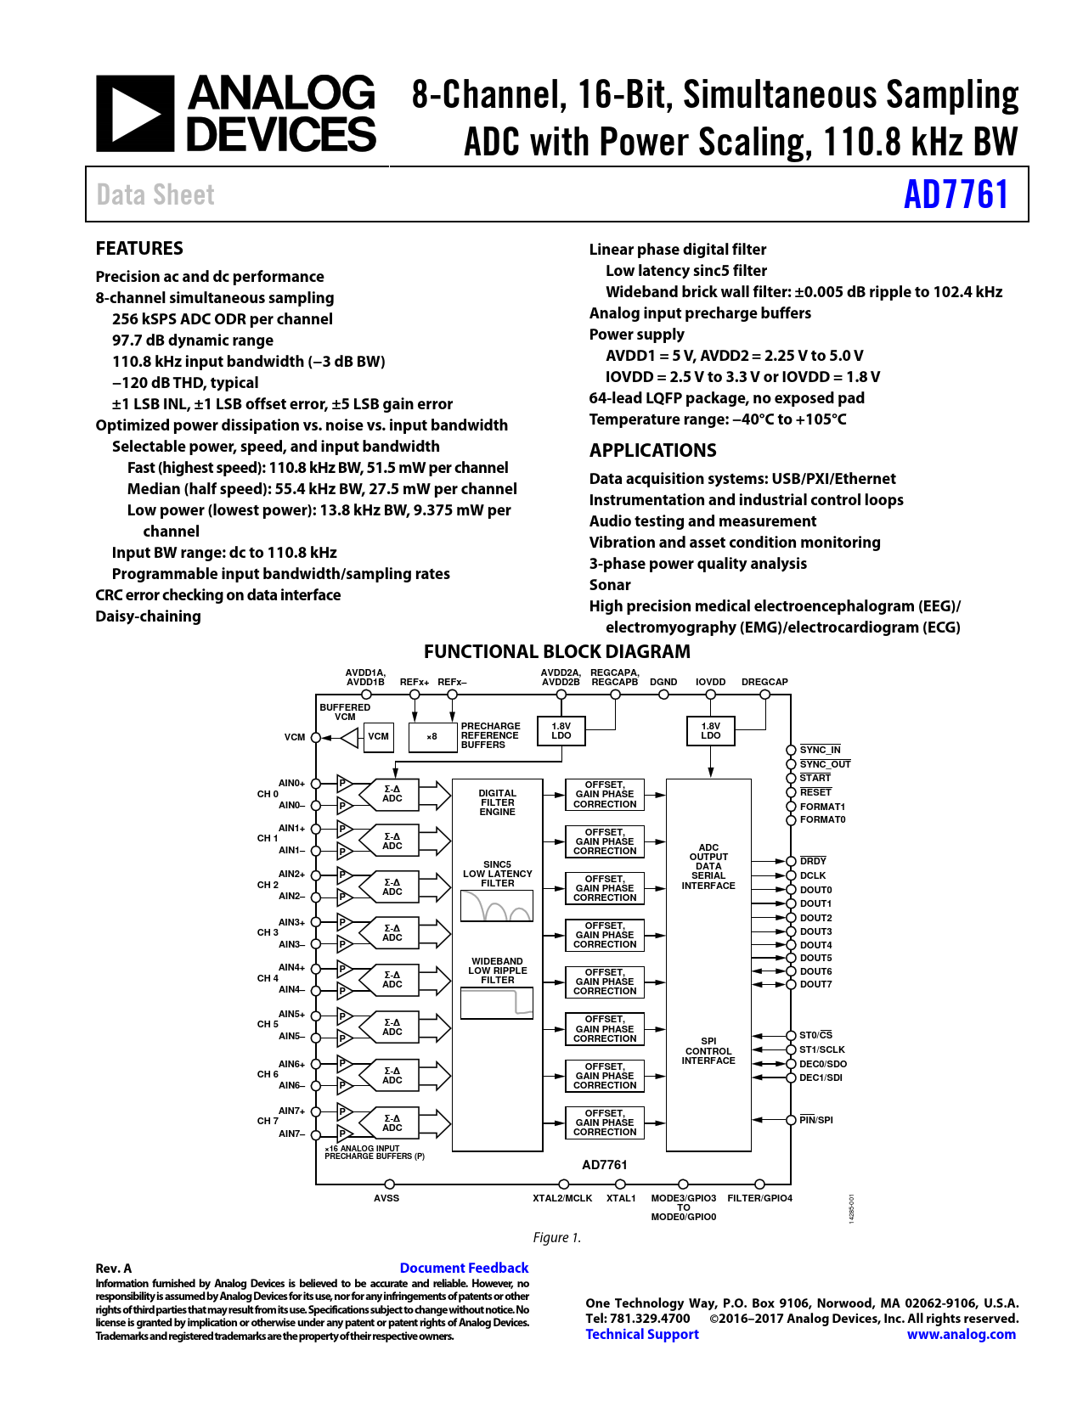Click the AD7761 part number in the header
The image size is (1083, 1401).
[x=956, y=194]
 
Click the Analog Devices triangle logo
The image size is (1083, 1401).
[x=135, y=114]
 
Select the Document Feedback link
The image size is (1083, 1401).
[x=464, y=1268]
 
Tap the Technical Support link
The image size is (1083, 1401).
[x=642, y=1334]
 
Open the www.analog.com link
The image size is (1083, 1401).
[x=961, y=1334]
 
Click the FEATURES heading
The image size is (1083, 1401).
[x=139, y=248]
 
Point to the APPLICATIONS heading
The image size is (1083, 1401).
[x=652, y=450]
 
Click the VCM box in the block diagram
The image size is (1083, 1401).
[x=378, y=737]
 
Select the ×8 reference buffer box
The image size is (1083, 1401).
[x=432, y=737]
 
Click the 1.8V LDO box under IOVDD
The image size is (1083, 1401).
[x=710, y=731]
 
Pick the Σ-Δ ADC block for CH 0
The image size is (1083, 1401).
[x=392, y=794]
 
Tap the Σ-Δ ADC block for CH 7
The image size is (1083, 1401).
[x=392, y=1123]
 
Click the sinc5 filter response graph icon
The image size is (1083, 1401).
[x=497, y=906]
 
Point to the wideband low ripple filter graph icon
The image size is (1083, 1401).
[x=497, y=1003]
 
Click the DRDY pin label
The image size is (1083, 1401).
[x=813, y=861]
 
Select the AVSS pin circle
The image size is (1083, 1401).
[x=390, y=1184]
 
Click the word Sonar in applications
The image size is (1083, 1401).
[x=610, y=585]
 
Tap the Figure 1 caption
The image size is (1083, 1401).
[x=557, y=1237]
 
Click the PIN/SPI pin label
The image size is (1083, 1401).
[x=815, y=1120]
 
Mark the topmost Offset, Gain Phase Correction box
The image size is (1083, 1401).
[x=605, y=795]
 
